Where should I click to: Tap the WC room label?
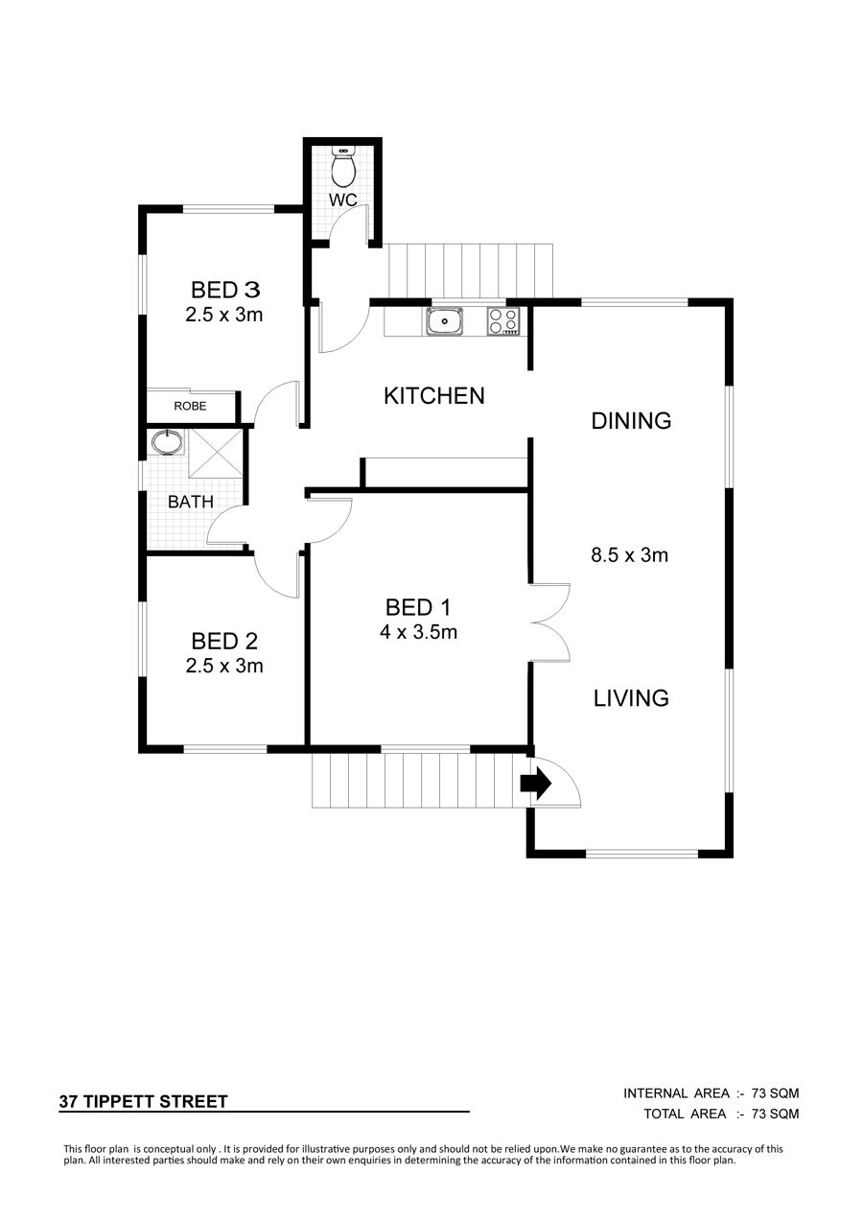tap(343, 200)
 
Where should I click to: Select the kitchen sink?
tap(446, 321)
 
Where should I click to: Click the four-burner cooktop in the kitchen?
tap(503, 321)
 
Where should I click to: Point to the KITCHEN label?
tap(433, 396)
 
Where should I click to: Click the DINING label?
tap(631, 421)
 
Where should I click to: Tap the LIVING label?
tap(631, 698)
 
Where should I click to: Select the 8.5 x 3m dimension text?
tap(629, 555)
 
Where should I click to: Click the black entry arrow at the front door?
tap(536, 784)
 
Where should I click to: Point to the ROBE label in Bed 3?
tap(190, 406)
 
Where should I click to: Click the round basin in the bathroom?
tap(167, 441)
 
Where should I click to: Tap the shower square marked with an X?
tap(215, 454)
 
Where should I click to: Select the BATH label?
tap(191, 502)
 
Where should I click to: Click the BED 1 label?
tap(418, 608)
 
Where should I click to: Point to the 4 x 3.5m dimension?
tap(418, 632)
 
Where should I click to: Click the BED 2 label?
tap(224, 642)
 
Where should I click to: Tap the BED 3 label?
tap(225, 290)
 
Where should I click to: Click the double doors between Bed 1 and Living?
tap(550, 623)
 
